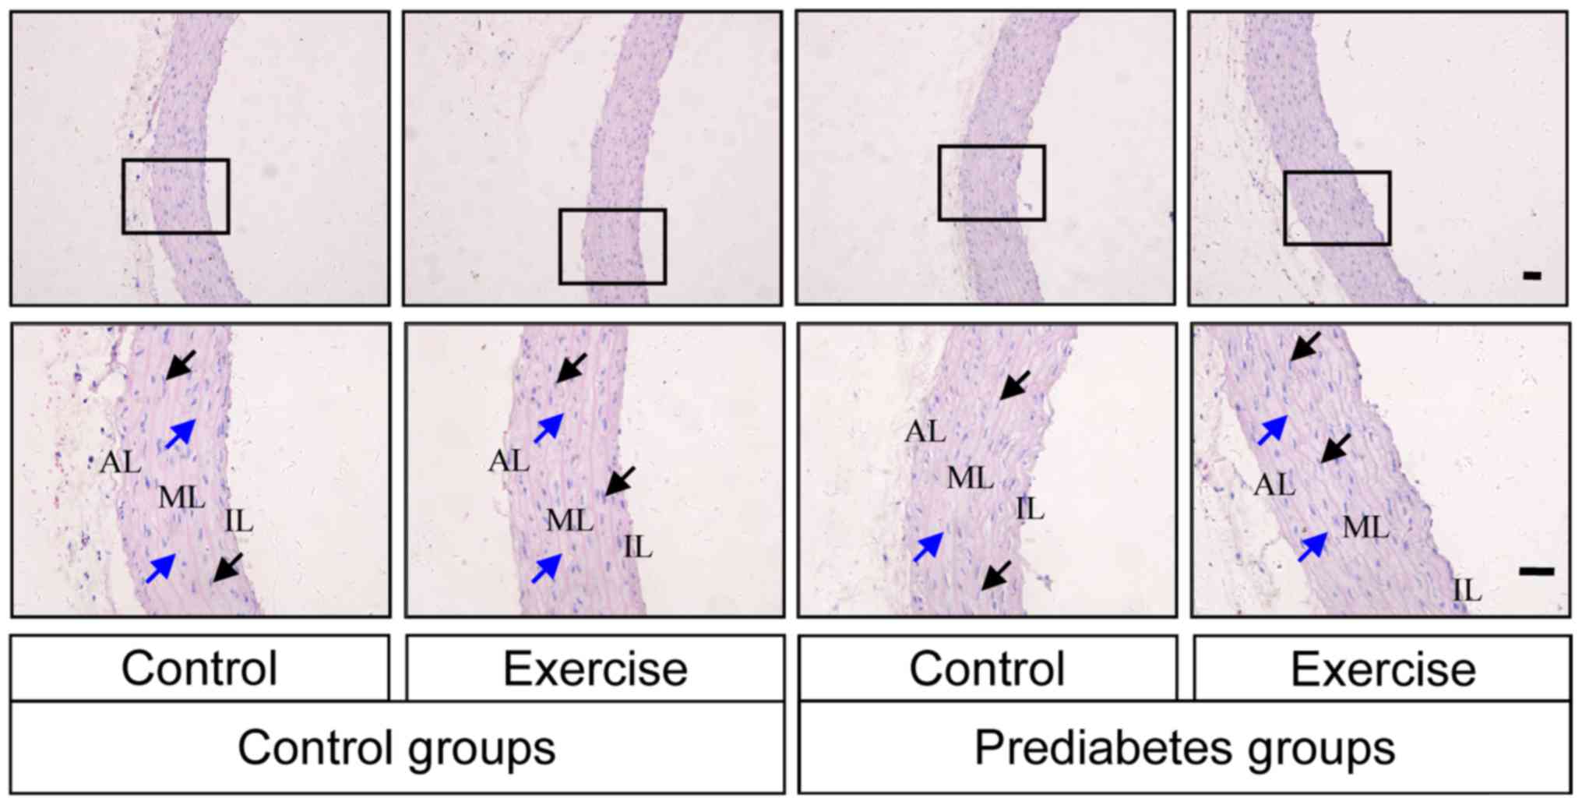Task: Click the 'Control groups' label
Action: tap(396, 748)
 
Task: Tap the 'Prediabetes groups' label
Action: tap(1184, 748)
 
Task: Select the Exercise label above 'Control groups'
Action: tap(595, 669)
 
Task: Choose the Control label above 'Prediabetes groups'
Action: tap(986, 669)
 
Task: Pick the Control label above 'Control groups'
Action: tap(199, 669)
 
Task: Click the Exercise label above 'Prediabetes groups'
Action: tap(1383, 669)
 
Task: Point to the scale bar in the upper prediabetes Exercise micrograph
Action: tap(1531, 276)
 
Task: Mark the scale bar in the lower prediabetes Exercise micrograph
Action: tap(1536, 571)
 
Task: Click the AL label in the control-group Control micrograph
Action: tap(120, 463)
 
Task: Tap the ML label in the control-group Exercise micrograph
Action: tap(569, 520)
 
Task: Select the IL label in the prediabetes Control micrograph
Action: tap(1030, 510)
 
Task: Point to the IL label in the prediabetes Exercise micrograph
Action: tap(1467, 591)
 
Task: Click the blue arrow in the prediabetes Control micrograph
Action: tap(928, 547)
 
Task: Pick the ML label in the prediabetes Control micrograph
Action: tap(970, 478)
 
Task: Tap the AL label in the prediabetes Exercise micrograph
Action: tap(1274, 485)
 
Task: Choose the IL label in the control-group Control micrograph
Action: tap(239, 521)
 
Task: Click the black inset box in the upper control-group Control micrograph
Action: tap(175, 196)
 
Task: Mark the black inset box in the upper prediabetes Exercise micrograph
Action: tap(1337, 208)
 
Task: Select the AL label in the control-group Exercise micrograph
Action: tap(509, 461)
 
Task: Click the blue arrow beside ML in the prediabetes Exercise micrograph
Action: tap(1312, 546)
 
